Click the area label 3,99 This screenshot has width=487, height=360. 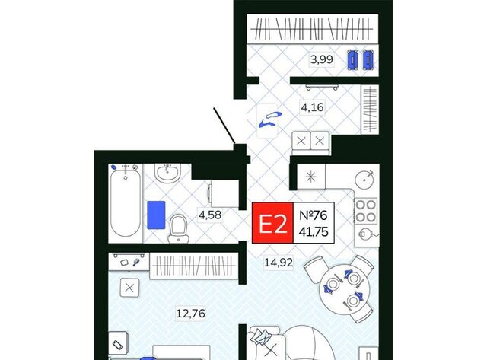(x=322, y=59)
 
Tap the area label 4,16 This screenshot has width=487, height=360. (x=312, y=107)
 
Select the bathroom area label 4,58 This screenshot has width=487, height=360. (x=210, y=215)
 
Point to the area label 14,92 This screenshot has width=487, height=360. (x=279, y=263)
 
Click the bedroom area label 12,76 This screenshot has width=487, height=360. (x=191, y=313)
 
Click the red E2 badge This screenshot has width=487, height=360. (x=272, y=223)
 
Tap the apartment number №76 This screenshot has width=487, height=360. (x=313, y=215)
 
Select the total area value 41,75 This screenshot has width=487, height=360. (x=314, y=231)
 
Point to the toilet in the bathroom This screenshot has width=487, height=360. (x=178, y=228)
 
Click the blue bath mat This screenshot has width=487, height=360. (x=156, y=215)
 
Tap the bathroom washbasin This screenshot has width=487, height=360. (x=167, y=174)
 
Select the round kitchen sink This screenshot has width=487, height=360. (x=365, y=180)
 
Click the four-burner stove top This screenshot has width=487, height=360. (x=366, y=211)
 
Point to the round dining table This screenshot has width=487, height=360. (x=344, y=289)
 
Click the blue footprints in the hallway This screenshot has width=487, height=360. (x=269, y=119)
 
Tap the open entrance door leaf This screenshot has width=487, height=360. (x=224, y=126)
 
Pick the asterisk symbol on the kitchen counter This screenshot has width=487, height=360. (x=310, y=177)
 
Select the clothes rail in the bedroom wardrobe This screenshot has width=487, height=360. (x=194, y=266)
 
